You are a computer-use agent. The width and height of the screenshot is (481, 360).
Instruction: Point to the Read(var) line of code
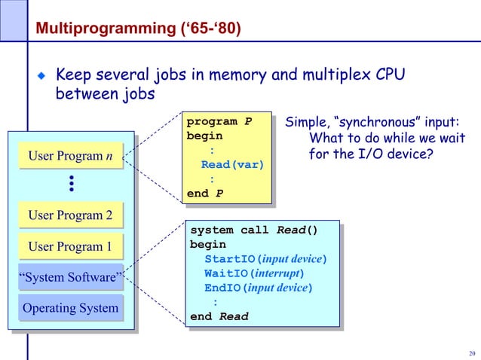pyautogui.click(x=231, y=165)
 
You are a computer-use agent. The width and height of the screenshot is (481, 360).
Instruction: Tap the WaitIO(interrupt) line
pyautogui.click(x=254, y=273)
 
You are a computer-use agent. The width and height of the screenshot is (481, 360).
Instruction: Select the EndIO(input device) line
pyautogui.click(x=258, y=288)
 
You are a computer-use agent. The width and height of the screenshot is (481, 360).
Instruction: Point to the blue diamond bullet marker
pyautogui.click(x=42, y=76)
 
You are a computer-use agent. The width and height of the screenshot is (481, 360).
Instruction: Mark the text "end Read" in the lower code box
pyautogui.click(x=219, y=316)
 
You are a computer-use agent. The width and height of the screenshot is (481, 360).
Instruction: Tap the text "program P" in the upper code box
pyautogui.click(x=219, y=122)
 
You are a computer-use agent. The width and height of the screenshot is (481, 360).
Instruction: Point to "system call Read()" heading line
pyautogui.click(x=253, y=230)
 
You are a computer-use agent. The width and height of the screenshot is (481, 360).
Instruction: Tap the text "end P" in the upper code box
pyautogui.click(x=204, y=194)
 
